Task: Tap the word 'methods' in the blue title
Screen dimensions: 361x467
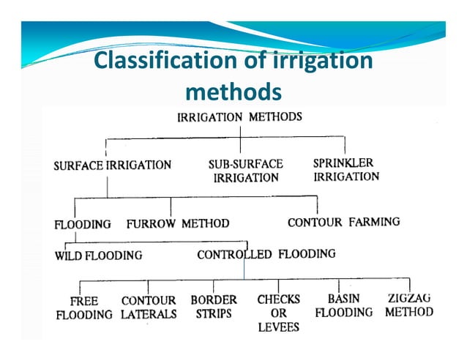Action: pos(233,92)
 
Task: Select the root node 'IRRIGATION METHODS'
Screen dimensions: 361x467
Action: pos(240,117)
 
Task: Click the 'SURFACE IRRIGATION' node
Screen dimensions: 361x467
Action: pos(112,165)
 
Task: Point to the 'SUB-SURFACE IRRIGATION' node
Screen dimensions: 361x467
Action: pos(245,171)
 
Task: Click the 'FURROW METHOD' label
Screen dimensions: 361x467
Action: pos(178,223)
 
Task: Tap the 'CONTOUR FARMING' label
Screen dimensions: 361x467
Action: pos(343,222)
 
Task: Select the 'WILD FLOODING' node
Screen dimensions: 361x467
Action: pos(99,256)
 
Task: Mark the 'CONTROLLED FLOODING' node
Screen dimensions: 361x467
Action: pos(266,255)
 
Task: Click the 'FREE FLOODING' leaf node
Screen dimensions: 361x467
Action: pos(84,308)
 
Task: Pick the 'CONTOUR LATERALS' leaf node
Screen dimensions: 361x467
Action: pos(149,308)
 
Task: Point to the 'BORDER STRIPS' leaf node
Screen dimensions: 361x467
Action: pos(214,306)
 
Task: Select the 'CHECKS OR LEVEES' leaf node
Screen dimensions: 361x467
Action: pos(279,313)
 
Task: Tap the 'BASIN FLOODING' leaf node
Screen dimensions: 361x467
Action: pos(344,305)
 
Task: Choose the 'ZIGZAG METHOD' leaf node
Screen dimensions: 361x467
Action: pos(409,305)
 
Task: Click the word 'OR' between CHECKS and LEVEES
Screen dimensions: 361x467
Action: pos(279,313)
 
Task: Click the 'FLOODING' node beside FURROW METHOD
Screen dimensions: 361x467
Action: pos(83,224)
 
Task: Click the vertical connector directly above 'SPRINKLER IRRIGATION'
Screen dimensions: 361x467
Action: pos(345,145)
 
